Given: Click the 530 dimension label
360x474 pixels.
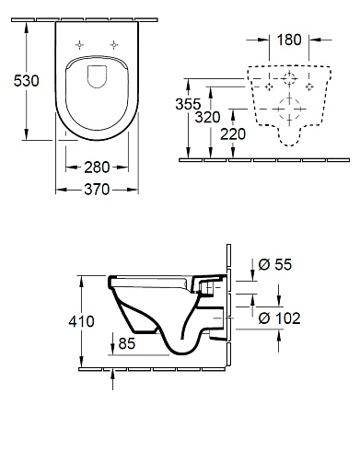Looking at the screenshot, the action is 27,81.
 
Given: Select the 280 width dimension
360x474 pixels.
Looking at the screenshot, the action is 97,168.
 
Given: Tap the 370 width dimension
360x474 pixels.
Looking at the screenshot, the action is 97,190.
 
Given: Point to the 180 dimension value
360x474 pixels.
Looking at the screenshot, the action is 289,40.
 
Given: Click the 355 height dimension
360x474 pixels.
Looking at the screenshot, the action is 188,104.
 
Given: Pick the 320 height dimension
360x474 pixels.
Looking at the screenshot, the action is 208,117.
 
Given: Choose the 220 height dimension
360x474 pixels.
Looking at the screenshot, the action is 233,134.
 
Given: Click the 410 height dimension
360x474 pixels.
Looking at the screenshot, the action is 81,321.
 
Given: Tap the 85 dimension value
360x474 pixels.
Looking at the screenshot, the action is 127,343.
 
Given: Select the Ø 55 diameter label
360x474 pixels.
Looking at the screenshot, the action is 275,264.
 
